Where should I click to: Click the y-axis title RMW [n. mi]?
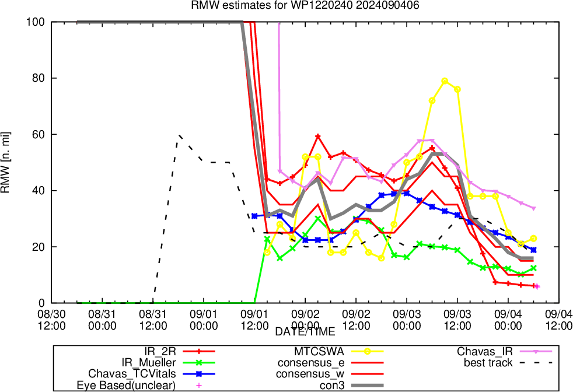click(x=8, y=162)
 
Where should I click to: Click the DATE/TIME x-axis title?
click(x=305, y=331)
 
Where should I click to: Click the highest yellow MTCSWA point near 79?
click(x=445, y=81)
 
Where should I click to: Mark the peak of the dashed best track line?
click(x=179, y=135)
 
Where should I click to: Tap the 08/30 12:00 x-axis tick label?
click(x=51, y=319)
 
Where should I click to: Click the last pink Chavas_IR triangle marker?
click(x=534, y=208)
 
